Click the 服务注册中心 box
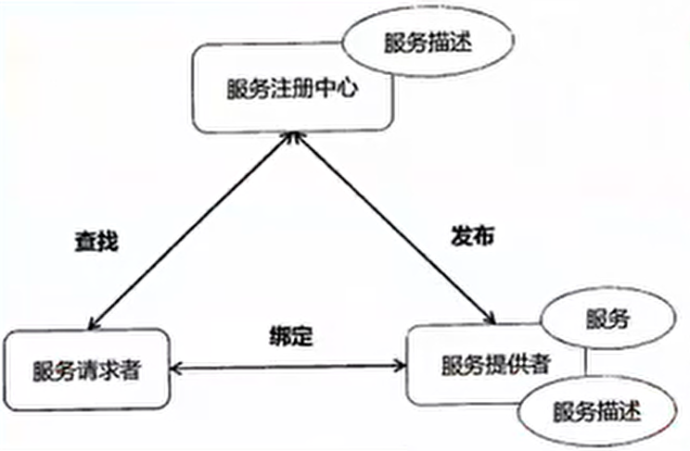[x=292, y=88]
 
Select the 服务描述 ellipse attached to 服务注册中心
[x=428, y=43]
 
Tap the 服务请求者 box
[x=86, y=370]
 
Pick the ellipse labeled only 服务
[x=607, y=319]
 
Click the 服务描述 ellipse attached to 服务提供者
[x=596, y=411]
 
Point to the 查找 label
[x=96, y=242]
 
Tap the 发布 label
[x=473, y=236]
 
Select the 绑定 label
[x=291, y=336]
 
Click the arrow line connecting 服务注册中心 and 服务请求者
[x=191, y=232]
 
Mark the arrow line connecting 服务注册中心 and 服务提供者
[x=394, y=229]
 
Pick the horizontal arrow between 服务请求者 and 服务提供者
[x=288, y=367]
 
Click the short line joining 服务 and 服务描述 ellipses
[x=585, y=363]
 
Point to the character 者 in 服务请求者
[x=130, y=370]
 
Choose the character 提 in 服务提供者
[x=496, y=365]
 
